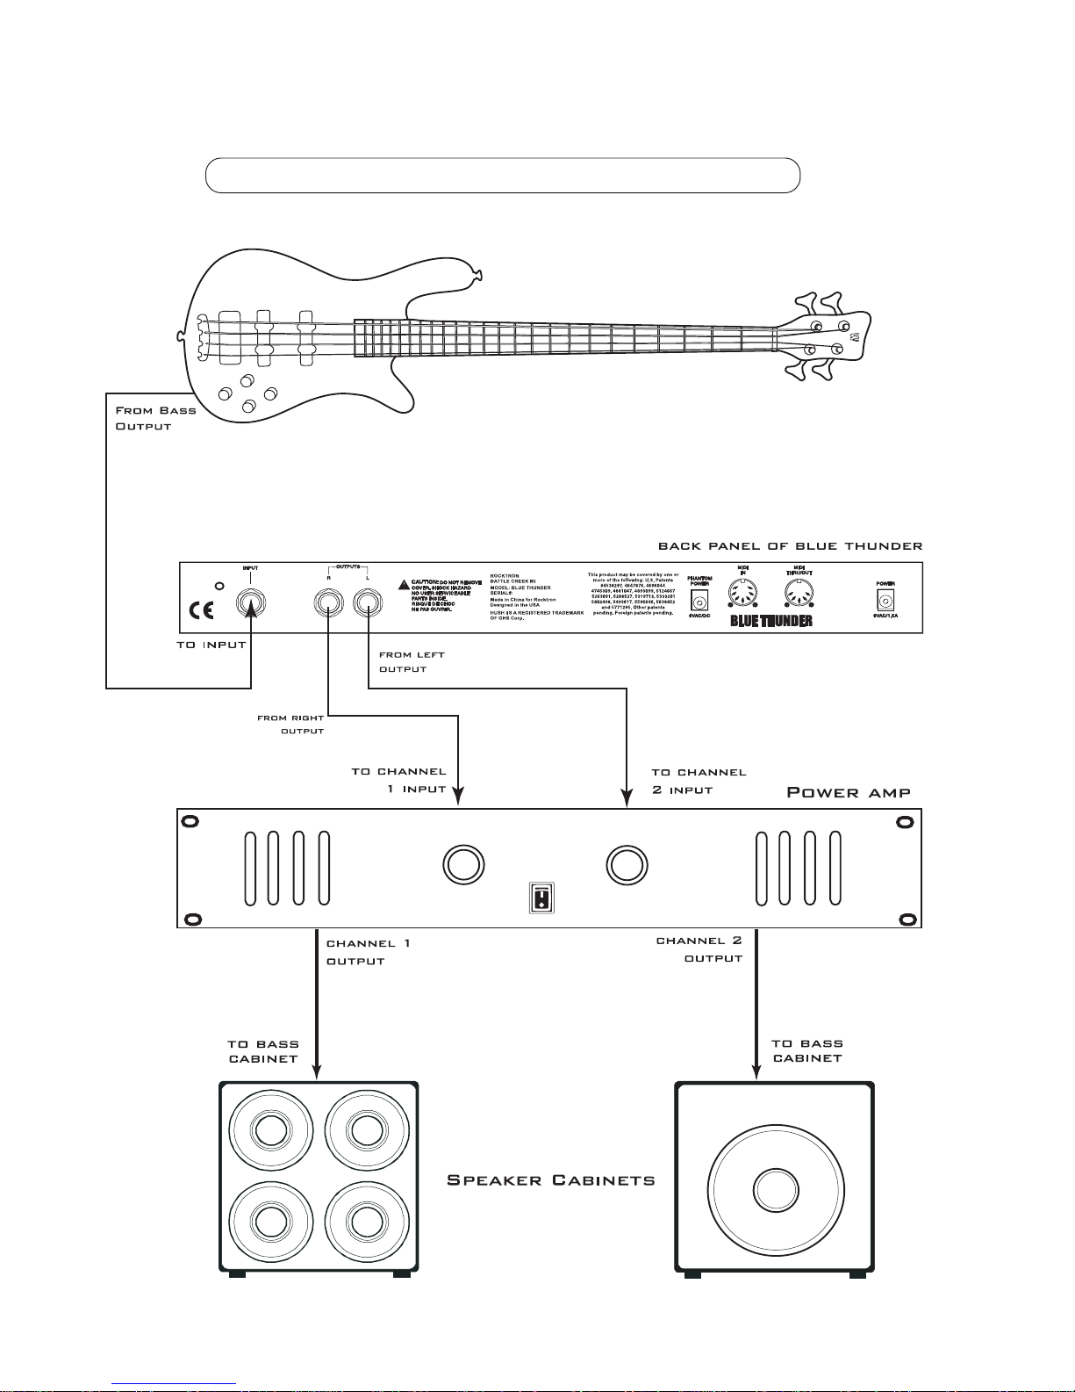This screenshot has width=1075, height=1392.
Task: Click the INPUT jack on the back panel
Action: (251, 603)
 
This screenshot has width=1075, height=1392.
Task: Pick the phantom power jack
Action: (699, 602)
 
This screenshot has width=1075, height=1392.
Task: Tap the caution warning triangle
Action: (403, 584)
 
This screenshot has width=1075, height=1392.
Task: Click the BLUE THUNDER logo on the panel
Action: (771, 621)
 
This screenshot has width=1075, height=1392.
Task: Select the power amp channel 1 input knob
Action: (462, 864)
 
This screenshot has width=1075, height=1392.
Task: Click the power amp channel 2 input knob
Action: (627, 864)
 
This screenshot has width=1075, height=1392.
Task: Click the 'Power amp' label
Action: (848, 792)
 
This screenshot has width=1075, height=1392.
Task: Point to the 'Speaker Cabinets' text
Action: (551, 1179)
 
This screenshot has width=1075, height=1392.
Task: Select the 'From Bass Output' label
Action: (155, 418)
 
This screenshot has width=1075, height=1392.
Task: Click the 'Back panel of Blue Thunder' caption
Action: (790, 545)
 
